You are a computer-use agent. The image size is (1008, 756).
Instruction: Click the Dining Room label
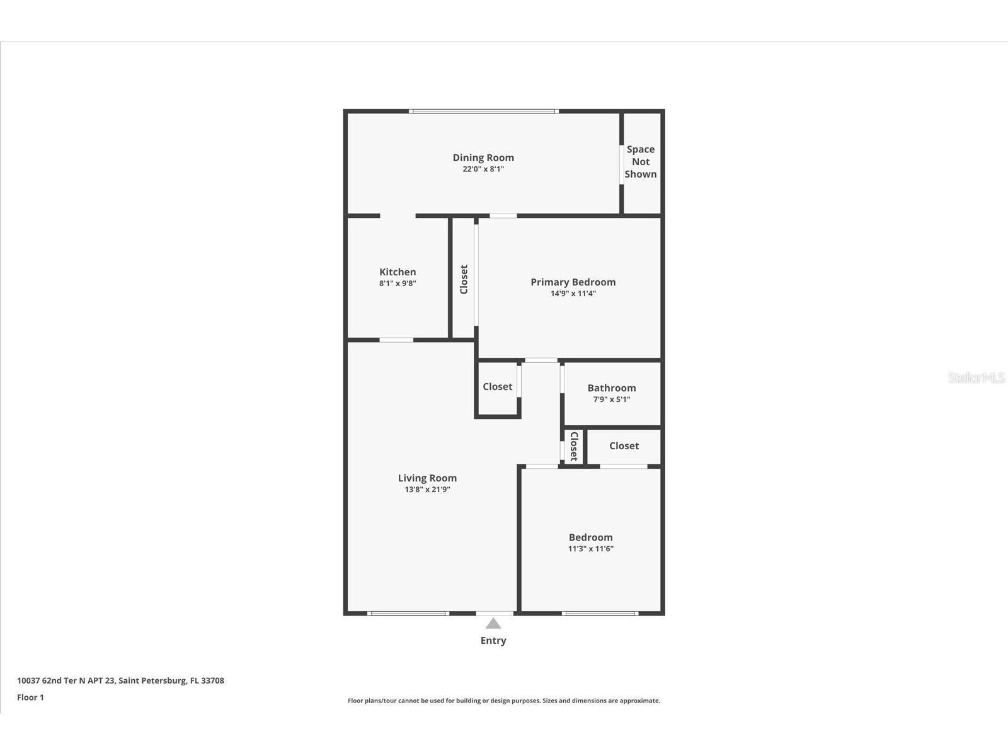pyautogui.click(x=483, y=157)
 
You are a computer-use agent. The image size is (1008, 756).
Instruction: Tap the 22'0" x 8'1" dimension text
pyautogui.click(x=483, y=169)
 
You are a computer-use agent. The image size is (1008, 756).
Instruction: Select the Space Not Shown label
pyautogui.click(x=640, y=162)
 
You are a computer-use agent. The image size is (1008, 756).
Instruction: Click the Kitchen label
pyautogui.click(x=398, y=272)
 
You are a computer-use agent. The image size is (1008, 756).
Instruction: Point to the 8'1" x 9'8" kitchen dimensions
pyautogui.click(x=398, y=283)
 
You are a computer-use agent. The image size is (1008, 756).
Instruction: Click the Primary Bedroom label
pyautogui.click(x=573, y=282)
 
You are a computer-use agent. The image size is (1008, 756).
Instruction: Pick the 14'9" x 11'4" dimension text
pyautogui.click(x=573, y=294)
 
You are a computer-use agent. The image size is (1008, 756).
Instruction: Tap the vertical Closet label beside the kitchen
pyautogui.click(x=464, y=279)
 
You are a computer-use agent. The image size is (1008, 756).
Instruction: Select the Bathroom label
pyautogui.click(x=611, y=388)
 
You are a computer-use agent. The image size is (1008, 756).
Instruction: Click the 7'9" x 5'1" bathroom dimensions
pyautogui.click(x=611, y=399)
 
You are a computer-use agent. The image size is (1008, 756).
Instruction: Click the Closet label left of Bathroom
pyautogui.click(x=497, y=387)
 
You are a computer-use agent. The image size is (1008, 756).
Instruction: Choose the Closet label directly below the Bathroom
pyautogui.click(x=624, y=446)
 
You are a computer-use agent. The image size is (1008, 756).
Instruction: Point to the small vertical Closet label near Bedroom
pyautogui.click(x=574, y=446)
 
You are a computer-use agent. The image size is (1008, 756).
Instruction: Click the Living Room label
pyautogui.click(x=427, y=478)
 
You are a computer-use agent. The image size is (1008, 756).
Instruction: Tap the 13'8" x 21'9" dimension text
pyautogui.click(x=427, y=490)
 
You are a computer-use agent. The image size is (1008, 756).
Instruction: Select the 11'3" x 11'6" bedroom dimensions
pyautogui.click(x=590, y=549)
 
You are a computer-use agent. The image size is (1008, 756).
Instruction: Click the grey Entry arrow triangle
pyautogui.click(x=493, y=624)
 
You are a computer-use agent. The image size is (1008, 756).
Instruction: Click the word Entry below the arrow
pyautogui.click(x=493, y=641)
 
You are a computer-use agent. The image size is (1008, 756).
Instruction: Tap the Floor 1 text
pyautogui.click(x=30, y=697)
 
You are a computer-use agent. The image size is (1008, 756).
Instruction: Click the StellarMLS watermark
pyautogui.click(x=976, y=378)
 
